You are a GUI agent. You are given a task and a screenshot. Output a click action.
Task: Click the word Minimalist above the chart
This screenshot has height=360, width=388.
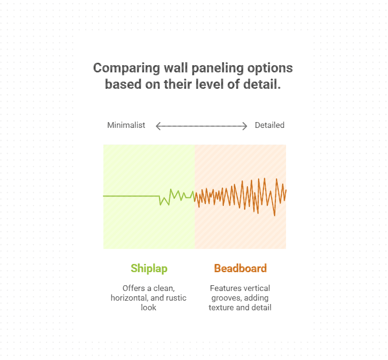[x=126, y=125]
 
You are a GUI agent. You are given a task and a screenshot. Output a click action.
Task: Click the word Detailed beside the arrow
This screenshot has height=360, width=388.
[x=270, y=125]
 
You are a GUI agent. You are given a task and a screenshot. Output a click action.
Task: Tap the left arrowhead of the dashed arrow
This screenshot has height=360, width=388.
[x=158, y=126]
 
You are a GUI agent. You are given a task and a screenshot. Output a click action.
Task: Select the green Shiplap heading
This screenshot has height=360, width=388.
[x=149, y=268]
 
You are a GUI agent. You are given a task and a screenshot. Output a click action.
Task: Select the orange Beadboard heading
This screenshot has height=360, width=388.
[x=240, y=268]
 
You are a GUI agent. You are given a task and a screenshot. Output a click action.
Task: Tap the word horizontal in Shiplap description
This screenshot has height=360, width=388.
[x=129, y=298]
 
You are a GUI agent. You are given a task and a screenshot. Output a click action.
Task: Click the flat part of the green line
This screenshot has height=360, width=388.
[x=130, y=196]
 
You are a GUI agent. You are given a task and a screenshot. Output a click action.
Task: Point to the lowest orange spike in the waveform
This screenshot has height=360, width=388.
[x=274, y=215]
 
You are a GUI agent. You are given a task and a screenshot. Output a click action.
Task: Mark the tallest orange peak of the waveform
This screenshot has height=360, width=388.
[x=277, y=179]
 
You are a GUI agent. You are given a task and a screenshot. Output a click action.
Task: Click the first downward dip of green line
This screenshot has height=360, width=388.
[x=160, y=205]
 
